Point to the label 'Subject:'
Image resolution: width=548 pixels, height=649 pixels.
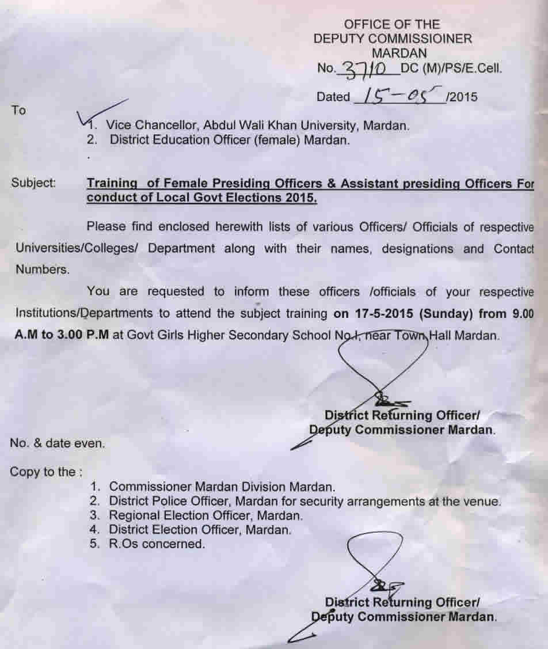point(34,184)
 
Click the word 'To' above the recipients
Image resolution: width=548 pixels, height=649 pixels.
point(18,111)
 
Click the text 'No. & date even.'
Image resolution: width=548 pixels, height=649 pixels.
point(58,443)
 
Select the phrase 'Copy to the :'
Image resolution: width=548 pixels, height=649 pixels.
point(46,472)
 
